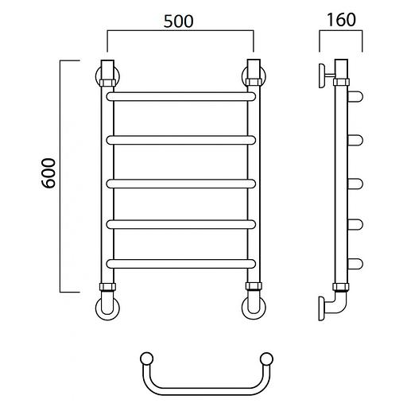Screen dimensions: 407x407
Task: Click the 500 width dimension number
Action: tap(178, 21)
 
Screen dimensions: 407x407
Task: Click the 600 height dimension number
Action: tap(49, 173)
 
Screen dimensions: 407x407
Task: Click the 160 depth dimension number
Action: tap(341, 20)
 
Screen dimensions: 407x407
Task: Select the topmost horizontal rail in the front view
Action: tap(181, 96)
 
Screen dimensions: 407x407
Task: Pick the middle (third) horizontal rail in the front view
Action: tap(181, 184)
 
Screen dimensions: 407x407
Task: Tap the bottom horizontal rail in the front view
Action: tap(181, 264)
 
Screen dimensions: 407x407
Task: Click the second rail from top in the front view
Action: tap(181, 140)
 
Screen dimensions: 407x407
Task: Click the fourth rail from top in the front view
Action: tap(181, 224)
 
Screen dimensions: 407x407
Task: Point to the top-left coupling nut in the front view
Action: tap(107, 83)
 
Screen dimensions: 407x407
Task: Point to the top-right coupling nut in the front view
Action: tap(254, 82)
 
